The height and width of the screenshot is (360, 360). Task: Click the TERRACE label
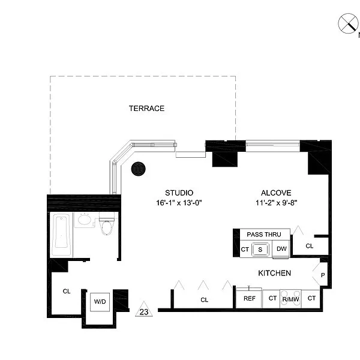click(x=146, y=109)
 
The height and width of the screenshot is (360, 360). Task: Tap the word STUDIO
click(x=179, y=193)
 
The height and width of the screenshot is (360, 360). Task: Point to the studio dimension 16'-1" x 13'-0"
click(x=179, y=203)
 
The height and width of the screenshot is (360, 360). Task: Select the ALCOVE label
click(x=276, y=193)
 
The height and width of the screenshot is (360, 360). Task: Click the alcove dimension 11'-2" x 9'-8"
click(x=277, y=203)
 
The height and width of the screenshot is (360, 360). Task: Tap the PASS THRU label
click(x=264, y=235)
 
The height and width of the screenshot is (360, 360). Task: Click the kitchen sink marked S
click(x=260, y=250)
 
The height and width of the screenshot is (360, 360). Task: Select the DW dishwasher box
click(x=281, y=249)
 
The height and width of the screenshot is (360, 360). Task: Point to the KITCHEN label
click(x=275, y=273)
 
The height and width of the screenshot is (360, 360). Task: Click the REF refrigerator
click(x=249, y=298)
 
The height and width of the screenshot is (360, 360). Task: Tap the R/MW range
click(x=290, y=299)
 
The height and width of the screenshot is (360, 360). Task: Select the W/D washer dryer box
click(x=100, y=302)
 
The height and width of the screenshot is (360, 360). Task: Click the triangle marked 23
click(x=144, y=309)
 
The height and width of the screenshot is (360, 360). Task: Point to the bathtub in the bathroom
click(x=62, y=233)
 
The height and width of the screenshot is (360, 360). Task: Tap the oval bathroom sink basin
click(x=84, y=220)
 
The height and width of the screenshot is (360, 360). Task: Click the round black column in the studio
click(x=138, y=169)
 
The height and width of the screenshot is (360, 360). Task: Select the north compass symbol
click(x=348, y=23)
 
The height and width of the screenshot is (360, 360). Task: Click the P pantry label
click(x=323, y=275)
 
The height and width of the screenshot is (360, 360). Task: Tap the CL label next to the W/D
click(x=67, y=292)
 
